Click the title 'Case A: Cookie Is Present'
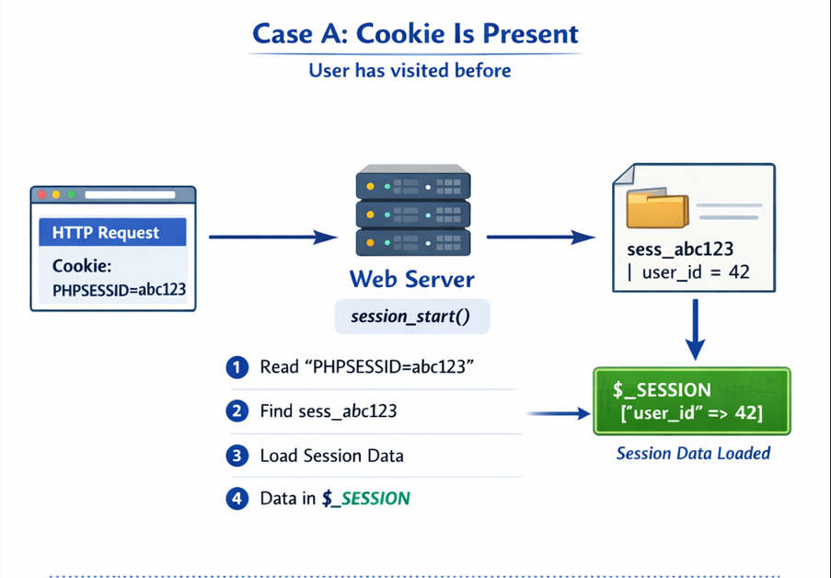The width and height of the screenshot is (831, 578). click(x=415, y=34)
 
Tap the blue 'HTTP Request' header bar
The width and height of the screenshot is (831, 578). click(x=112, y=233)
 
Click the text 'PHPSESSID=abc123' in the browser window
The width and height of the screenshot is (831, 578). click(x=119, y=289)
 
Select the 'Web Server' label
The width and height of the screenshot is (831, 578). click(x=411, y=279)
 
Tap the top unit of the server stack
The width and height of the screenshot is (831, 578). click(x=413, y=185)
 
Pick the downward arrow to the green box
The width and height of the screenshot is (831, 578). click(x=696, y=330)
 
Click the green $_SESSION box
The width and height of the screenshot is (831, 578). click(x=692, y=401)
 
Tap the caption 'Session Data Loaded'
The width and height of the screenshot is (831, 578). click(x=692, y=453)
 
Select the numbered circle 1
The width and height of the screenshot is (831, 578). click(x=237, y=367)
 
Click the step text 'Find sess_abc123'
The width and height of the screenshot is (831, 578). click(x=329, y=410)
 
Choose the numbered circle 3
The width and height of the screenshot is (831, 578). click(x=237, y=455)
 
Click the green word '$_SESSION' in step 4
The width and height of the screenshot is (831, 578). click(x=366, y=498)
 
